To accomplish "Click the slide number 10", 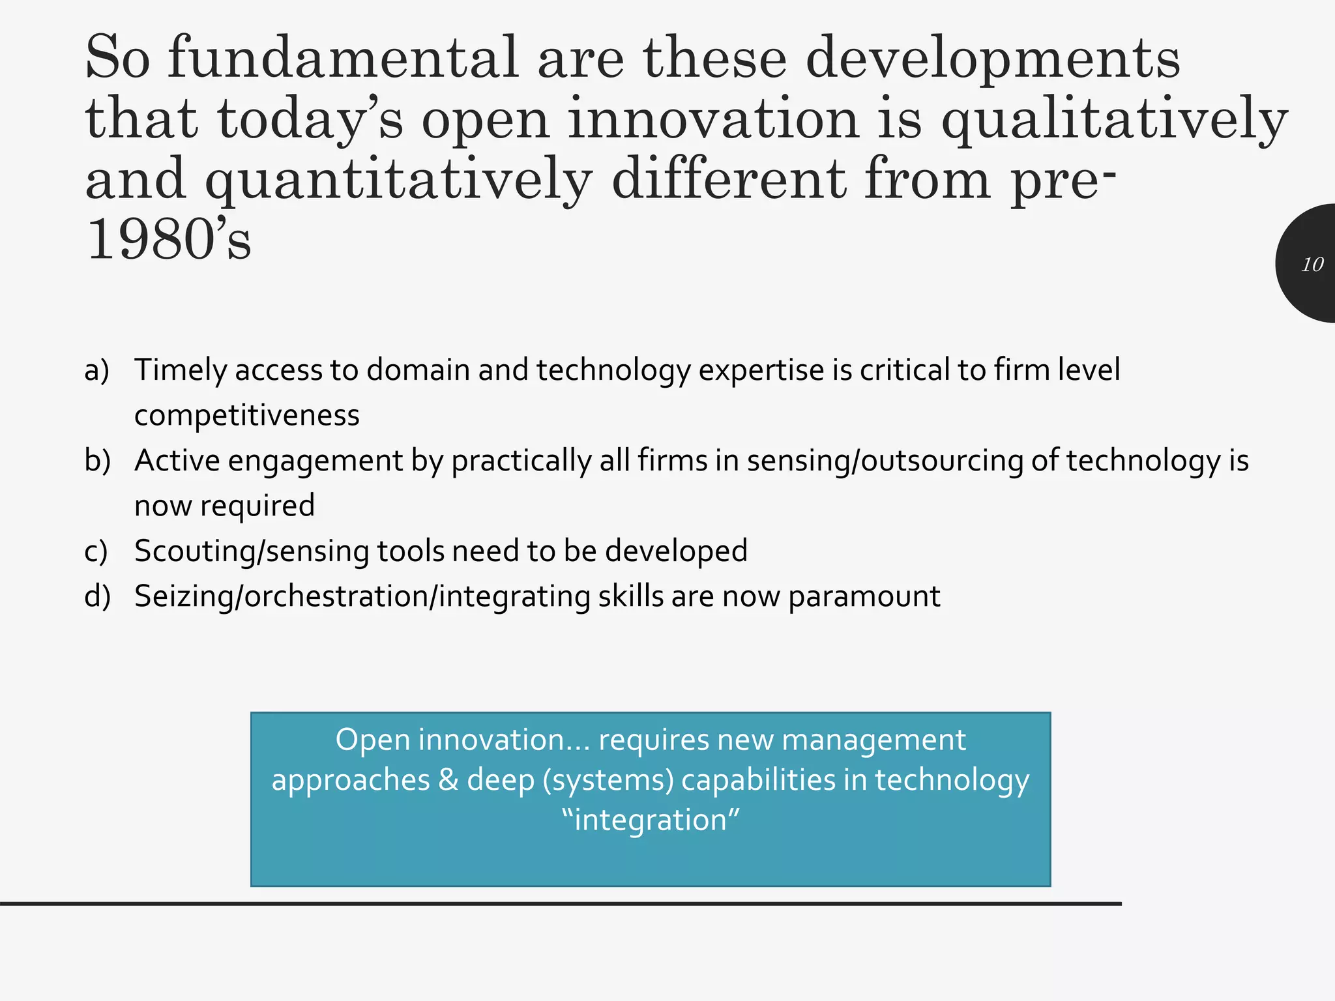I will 1312,265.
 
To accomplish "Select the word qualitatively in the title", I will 1114,120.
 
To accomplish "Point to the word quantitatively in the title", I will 398,181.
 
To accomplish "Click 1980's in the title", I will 168,240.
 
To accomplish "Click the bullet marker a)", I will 96,370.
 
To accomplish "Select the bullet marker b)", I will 97,461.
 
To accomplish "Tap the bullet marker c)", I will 96,551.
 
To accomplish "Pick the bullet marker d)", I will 97,596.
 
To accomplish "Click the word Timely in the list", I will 181,370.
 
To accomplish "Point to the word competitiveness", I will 246,416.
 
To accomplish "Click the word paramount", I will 864,596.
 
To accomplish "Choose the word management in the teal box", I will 873,740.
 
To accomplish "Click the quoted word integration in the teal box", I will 651,820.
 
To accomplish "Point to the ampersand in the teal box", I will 448,780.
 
